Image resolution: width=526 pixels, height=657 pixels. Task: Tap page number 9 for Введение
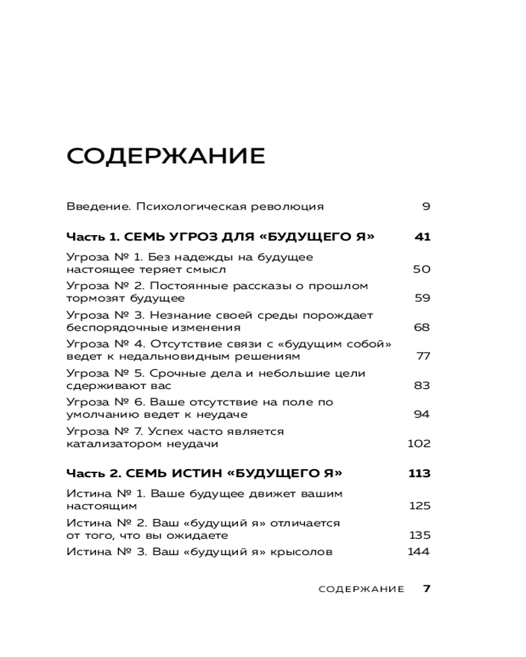click(426, 206)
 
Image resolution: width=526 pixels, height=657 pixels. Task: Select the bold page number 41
click(423, 237)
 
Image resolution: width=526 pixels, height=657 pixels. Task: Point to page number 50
click(421, 269)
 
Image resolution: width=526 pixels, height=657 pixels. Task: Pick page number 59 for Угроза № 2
click(422, 298)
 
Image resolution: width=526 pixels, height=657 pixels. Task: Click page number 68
click(421, 327)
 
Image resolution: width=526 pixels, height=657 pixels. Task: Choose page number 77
click(423, 356)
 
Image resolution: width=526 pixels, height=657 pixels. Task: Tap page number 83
click(421, 385)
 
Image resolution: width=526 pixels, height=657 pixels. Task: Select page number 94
click(422, 414)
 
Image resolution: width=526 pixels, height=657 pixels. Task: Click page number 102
click(419, 443)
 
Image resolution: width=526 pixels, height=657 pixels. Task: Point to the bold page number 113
click(419, 473)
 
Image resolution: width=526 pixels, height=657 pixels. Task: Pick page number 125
click(419, 505)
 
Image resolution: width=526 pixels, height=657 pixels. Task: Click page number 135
click(419, 535)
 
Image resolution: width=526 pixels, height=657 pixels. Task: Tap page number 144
click(419, 551)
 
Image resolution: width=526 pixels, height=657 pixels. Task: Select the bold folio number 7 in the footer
click(427, 589)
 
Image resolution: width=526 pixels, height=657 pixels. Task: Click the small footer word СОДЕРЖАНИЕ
click(361, 589)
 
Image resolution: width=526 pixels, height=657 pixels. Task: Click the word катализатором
click(110, 443)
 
